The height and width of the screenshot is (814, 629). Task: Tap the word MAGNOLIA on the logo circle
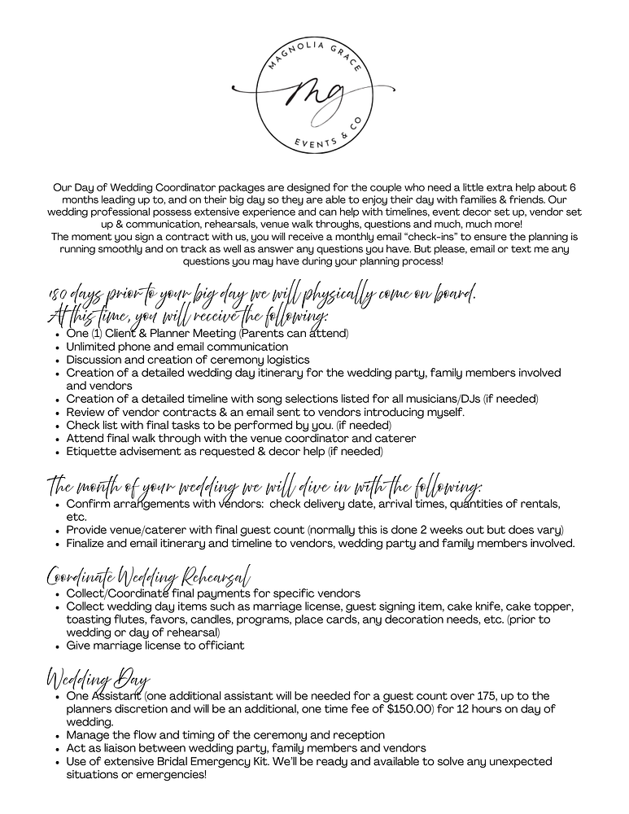click(x=286, y=50)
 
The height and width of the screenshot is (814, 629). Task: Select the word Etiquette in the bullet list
click(x=94, y=451)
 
